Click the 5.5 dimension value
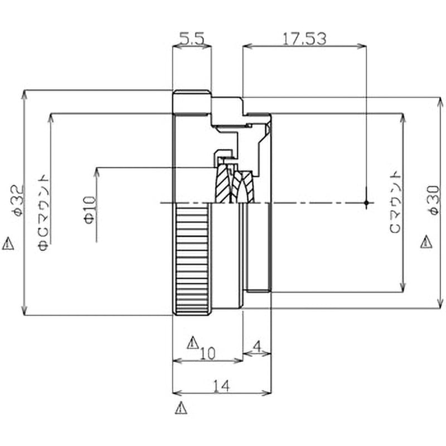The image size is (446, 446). (x=192, y=39)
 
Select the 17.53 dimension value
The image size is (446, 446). (x=304, y=39)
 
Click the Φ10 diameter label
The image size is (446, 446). (x=90, y=210)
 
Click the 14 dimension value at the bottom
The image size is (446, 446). (x=221, y=386)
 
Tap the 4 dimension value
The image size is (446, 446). (x=257, y=347)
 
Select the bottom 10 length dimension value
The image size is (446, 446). (x=208, y=354)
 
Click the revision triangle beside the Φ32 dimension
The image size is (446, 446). (x=8, y=244)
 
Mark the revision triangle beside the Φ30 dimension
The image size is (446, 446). (x=426, y=241)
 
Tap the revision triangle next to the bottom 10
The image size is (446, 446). (x=193, y=343)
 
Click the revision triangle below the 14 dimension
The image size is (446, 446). (x=181, y=408)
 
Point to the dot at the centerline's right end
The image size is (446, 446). (x=366, y=203)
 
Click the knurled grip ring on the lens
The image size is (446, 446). (x=192, y=259)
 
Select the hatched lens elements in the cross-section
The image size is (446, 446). (x=234, y=185)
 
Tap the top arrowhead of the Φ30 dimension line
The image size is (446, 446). (x=440, y=102)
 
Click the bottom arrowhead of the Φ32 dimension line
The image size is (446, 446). (x=25, y=311)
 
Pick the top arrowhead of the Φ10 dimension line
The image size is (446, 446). (x=97, y=172)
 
